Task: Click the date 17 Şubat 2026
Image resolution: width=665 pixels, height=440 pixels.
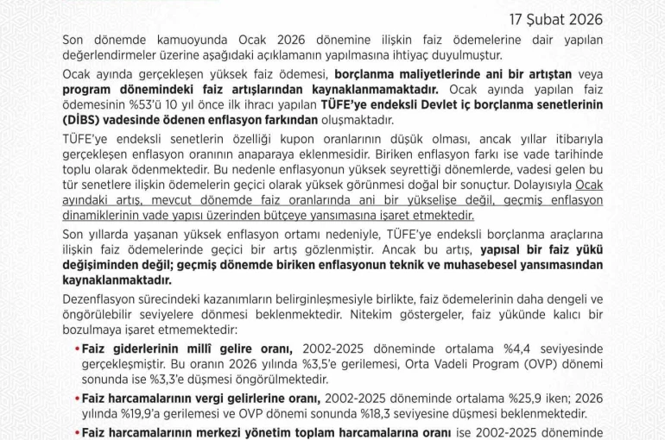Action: (x=554, y=19)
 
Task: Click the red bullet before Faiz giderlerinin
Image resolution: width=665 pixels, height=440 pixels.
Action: (x=76, y=349)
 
